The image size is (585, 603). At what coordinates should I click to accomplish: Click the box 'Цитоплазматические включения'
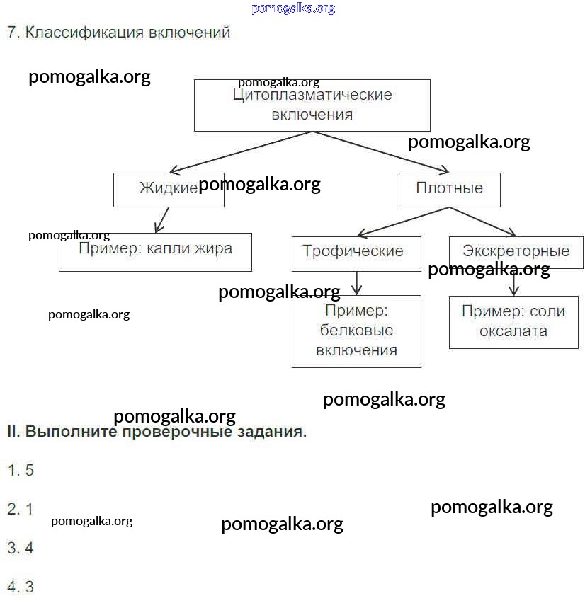312,105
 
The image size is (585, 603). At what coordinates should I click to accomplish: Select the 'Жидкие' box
169,189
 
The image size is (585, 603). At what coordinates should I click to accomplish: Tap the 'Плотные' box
449,189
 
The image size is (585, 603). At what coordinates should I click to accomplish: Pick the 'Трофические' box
356,253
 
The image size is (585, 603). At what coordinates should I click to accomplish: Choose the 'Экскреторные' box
516,252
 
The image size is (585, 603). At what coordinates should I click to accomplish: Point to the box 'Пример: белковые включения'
356,331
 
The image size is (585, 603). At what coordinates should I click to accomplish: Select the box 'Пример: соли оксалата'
513,321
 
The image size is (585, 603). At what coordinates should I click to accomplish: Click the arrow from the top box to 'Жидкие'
241,152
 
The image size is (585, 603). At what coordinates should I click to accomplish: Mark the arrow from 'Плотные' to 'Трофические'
402,222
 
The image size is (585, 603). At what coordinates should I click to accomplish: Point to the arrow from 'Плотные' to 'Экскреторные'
482,222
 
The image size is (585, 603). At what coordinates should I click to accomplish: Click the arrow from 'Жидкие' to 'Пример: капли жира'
162,219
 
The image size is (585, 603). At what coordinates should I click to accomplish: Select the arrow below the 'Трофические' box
357,282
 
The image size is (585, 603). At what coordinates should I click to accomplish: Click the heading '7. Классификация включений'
118,33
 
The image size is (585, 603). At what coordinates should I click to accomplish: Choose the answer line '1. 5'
21,470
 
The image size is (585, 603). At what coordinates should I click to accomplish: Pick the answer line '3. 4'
21,548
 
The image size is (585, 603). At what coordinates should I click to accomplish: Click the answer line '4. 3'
21,587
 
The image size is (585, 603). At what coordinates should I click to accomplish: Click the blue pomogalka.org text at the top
292,8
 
